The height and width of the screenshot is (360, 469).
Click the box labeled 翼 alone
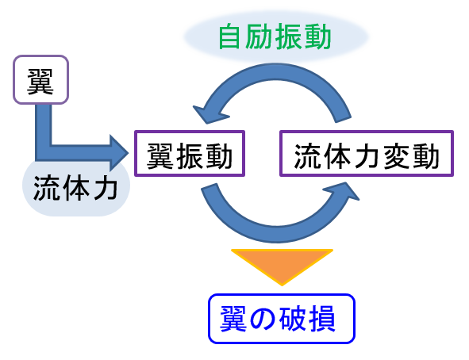41,79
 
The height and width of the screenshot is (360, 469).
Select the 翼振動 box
190,153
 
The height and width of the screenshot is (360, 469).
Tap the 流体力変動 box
367,153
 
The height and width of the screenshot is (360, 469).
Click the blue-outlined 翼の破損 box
282,319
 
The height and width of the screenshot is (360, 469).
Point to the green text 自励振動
275,37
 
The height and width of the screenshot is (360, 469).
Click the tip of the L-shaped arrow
129,153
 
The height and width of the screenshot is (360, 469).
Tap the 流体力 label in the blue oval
75,188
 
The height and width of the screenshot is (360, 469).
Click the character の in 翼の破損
263,319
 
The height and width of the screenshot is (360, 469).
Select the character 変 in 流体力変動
397,156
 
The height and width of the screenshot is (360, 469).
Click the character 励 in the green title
259,37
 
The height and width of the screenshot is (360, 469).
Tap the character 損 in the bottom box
322,319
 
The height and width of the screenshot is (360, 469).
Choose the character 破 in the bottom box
292,319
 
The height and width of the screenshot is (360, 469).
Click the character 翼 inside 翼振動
160,156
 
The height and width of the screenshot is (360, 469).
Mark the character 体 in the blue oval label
75,188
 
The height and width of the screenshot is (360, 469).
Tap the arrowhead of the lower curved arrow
343,191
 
